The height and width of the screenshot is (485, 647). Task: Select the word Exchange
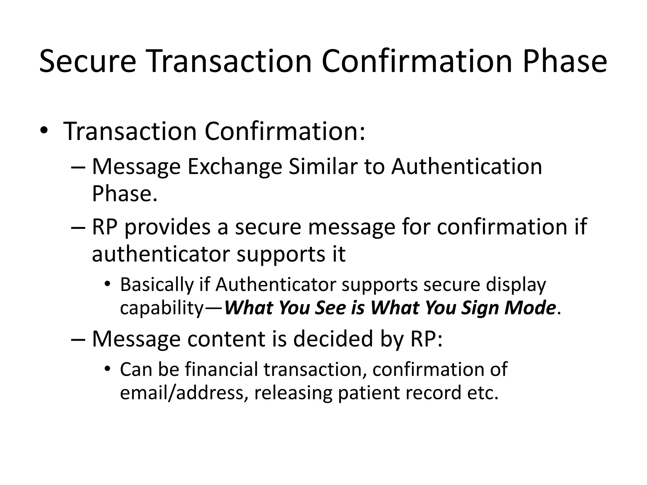coord(234,167)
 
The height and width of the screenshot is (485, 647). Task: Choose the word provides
coord(167,227)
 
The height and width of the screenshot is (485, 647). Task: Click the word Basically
coord(156,285)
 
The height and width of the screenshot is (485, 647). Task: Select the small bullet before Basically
coord(107,283)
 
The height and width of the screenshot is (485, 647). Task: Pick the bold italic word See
coord(331,308)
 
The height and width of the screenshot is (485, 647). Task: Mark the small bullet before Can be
coord(107,368)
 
